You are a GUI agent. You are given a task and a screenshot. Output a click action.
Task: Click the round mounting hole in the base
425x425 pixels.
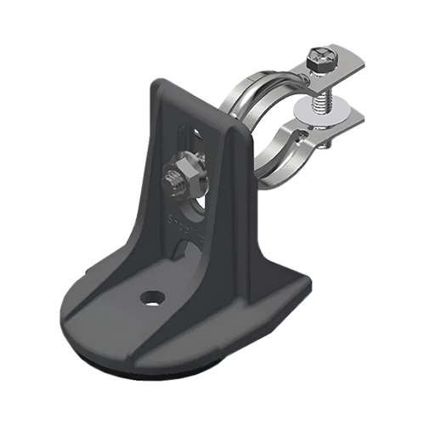tap(153, 296)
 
